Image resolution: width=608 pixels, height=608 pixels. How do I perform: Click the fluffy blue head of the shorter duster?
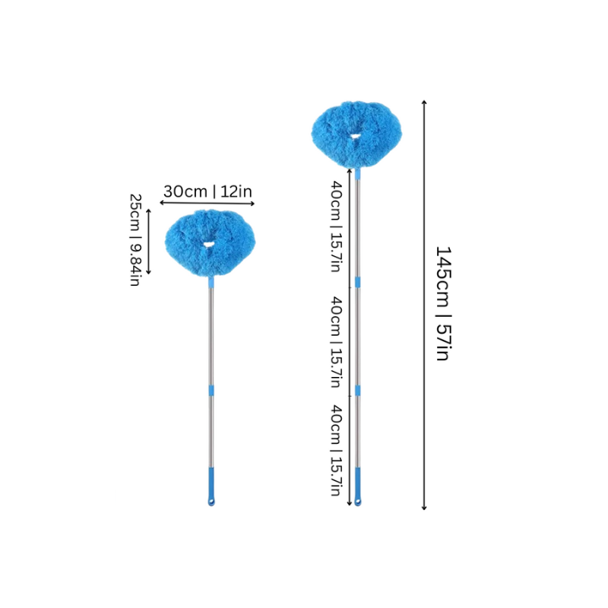210,243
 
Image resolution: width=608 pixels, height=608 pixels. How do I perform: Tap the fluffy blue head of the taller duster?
356,135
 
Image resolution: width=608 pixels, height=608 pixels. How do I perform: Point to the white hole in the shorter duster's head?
208,244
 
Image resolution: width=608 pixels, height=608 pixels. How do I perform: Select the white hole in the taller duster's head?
355,136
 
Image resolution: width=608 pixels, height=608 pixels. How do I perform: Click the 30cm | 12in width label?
207,192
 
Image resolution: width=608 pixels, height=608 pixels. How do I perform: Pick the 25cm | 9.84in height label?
135,240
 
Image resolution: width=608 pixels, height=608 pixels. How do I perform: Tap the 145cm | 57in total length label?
443,303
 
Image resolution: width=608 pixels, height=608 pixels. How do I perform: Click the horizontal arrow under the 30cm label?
207,203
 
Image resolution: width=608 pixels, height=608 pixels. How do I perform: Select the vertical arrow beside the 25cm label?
148,242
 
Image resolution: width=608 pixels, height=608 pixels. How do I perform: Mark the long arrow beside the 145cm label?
424,305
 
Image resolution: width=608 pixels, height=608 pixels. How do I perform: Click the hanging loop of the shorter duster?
211,502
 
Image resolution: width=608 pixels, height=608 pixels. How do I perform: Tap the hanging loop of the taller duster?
357,502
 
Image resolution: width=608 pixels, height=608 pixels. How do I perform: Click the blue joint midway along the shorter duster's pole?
211,391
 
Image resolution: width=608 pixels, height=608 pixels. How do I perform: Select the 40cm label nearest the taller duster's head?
336,226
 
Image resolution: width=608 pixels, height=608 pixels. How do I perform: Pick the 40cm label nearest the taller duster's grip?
336,450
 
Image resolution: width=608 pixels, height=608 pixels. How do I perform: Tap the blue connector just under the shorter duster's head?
211,282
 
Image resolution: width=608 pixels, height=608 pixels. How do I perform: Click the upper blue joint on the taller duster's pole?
357,282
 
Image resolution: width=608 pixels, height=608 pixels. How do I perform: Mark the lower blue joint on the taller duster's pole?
357,391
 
